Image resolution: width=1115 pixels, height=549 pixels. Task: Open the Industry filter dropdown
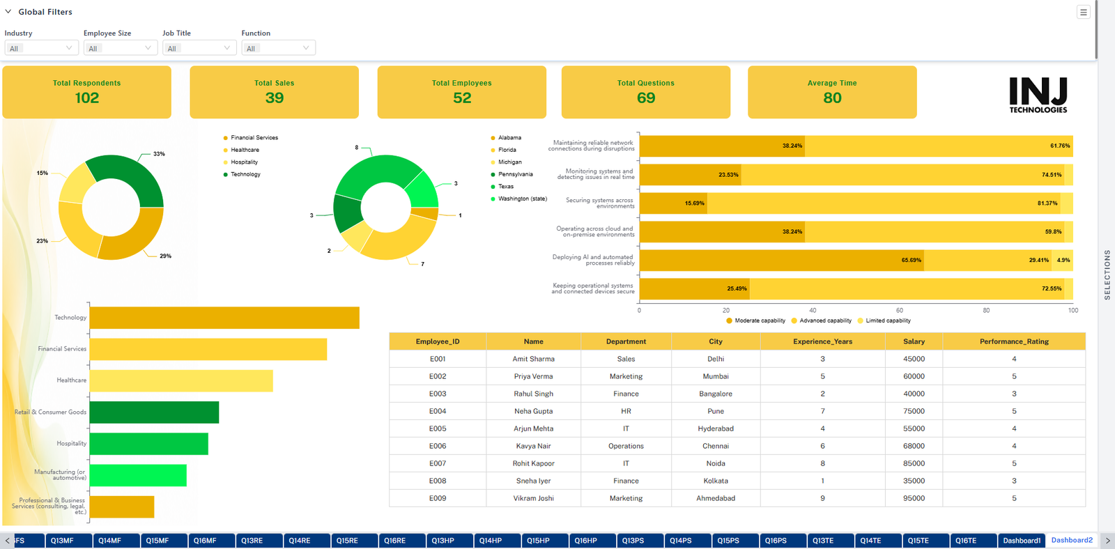41,48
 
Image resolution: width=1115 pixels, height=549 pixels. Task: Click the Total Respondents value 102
87,98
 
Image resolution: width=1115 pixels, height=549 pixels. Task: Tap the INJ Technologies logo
1038,95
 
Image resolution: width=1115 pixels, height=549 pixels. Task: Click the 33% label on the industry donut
159,154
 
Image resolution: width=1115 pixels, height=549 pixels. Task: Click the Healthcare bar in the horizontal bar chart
181,381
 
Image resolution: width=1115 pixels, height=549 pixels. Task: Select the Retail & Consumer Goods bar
154,412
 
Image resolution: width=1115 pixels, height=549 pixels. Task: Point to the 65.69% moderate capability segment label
911,261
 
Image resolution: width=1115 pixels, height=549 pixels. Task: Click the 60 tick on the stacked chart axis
900,310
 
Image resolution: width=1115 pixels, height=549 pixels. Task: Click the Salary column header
914,341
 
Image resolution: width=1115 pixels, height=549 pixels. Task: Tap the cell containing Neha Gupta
533,411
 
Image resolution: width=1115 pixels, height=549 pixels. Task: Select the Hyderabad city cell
715,428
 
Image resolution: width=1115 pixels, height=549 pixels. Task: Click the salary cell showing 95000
914,498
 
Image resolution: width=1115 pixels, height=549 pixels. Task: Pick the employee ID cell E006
438,446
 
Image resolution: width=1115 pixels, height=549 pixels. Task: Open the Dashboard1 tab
1022,541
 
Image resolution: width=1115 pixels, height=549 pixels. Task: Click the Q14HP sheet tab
491,541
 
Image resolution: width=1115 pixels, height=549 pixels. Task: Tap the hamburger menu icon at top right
1083,12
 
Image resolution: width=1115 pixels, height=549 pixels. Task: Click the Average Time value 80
832,98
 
